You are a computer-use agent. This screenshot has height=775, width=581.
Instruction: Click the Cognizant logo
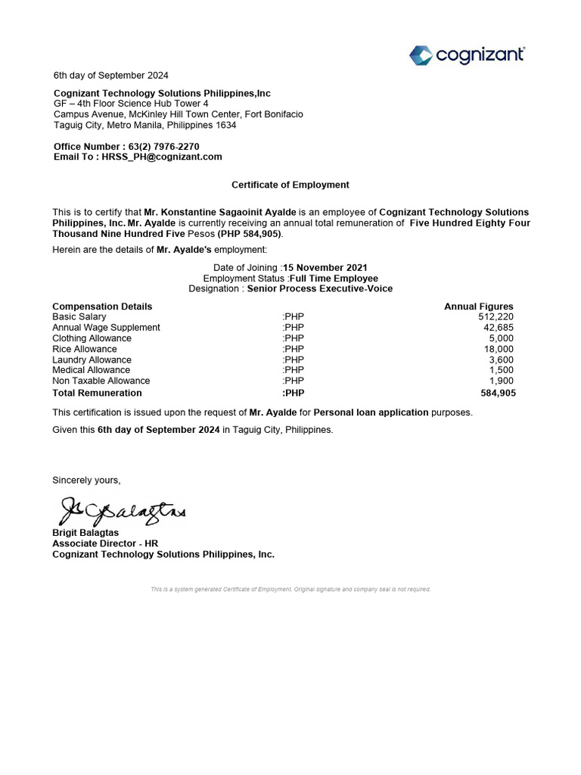click(x=467, y=54)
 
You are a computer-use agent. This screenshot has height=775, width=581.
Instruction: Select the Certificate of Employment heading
click(x=290, y=185)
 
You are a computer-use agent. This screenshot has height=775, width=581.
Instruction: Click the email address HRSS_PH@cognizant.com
click(x=162, y=157)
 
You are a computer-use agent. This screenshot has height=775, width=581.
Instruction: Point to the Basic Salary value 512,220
click(x=496, y=317)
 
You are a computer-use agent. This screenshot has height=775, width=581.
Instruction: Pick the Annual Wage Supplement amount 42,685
click(x=499, y=328)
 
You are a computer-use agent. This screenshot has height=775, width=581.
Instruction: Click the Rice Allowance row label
click(x=85, y=349)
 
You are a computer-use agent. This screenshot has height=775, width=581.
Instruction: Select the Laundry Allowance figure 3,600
click(x=502, y=359)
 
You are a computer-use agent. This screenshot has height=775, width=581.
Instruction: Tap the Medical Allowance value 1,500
click(x=502, y=370)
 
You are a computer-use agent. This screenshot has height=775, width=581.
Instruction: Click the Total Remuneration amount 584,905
click(x=499, y=394)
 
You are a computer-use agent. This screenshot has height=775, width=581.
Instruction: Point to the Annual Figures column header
click(x=478, y=307)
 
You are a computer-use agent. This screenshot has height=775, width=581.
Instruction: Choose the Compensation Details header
click(x=102, y=307)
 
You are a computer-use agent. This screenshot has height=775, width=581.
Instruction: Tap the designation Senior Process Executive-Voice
click(x=320, y=288)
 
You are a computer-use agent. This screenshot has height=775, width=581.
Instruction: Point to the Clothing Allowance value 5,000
click(x=502, y=338)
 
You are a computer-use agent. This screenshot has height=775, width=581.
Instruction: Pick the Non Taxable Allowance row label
click(x=101, y=381)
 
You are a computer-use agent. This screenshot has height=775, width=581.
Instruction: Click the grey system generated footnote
click(x=290, y=589)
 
